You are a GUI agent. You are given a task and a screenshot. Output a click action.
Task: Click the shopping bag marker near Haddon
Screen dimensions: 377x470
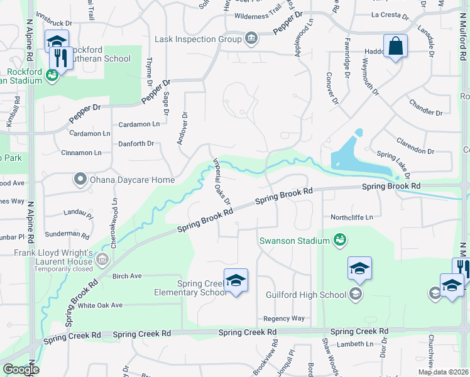tap(395, 46)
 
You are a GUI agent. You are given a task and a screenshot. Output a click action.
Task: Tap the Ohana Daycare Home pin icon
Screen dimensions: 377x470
tap(80, 180)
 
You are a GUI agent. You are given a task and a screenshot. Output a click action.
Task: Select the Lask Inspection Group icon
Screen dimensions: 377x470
tap(251, 40)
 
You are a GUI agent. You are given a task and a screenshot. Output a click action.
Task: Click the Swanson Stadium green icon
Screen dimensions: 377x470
tap(340, 239)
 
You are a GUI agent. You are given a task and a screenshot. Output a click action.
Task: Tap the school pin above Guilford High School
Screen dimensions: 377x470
tap(359, 269)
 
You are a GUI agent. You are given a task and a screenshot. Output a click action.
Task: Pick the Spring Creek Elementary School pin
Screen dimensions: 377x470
tap(236, 280)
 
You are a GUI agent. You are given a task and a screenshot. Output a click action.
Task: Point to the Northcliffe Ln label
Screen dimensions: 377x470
tap(352, 217)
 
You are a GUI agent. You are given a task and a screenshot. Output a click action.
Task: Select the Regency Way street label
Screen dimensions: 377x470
tap(284, 319)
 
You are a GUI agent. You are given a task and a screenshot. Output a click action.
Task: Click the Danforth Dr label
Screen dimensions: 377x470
tap(136, 144)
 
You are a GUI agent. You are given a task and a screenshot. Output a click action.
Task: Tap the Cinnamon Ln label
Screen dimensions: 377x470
tap(81, 153)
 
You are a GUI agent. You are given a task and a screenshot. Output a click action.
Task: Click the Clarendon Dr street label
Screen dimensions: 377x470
tap(415, 151)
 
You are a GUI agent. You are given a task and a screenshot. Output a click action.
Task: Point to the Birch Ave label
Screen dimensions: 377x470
tap(127, 276)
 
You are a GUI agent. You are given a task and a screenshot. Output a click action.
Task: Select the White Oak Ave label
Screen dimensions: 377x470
tap(100, 305)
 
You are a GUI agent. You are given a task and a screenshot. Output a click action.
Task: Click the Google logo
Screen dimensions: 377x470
tap(20, 369)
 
